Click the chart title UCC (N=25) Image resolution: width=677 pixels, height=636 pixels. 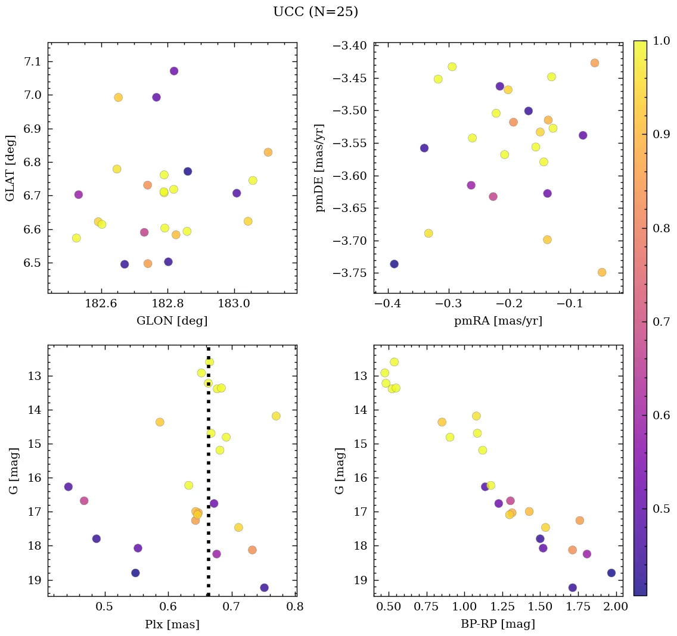[315, 12]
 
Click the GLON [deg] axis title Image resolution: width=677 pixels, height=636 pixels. [172, 321]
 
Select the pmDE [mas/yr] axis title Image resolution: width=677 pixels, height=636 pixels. [321, 168]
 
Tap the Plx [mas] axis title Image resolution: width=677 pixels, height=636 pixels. [172, 624]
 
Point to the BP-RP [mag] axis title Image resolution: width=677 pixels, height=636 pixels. [498, 624]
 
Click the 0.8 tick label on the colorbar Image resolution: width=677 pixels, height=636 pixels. [661, 228]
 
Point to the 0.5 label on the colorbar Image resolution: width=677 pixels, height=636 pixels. [661, 509]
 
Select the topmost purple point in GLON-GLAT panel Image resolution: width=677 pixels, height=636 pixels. [174, 71]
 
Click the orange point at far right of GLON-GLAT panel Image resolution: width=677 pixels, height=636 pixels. [268, 152]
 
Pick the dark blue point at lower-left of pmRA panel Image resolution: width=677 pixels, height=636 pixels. [394, 264]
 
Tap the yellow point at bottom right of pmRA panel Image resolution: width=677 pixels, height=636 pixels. [602, 273]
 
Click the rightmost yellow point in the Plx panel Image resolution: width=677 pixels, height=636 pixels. [276, 416]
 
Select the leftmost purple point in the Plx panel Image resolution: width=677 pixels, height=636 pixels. [69, 487]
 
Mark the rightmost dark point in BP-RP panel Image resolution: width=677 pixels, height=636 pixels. [611, 573]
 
